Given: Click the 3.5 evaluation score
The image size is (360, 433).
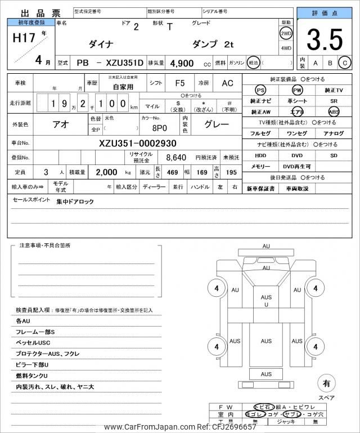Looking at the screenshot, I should (325, 39).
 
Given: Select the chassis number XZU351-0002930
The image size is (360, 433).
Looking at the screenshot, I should (138, 143).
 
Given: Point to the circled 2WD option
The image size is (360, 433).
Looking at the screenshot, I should (286, 33).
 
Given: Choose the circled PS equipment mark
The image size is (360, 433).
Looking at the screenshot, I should (260, 90).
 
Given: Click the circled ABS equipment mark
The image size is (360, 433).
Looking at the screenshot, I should (334, 111).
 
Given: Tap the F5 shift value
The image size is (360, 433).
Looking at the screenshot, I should (180, 83).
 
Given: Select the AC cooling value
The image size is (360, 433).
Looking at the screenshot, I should (227, 83).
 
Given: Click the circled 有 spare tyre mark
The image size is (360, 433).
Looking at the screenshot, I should (325, 383).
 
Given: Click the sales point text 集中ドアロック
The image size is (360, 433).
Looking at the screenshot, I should (75, 201).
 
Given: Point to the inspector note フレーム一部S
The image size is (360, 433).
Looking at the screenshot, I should (35, 332).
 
